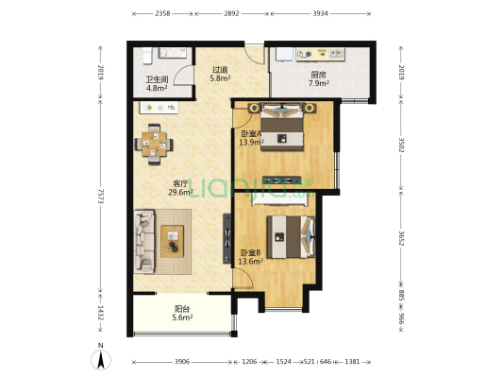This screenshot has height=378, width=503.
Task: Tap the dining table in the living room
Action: coord(155,144)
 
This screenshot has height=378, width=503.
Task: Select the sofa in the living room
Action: coord(143,242)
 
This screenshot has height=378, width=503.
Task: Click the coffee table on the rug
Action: coord(173,241)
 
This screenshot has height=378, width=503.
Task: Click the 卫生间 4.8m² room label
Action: coord(157,83)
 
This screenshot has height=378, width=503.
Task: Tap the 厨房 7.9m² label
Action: coord(319,79)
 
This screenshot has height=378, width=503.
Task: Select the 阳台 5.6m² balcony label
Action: coord(182,313)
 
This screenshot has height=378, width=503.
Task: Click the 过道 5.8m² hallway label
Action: coord(220,74)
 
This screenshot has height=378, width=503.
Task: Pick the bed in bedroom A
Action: coord(282,127)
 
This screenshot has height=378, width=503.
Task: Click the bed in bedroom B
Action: coord(291,237)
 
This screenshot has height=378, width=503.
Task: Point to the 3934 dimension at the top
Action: coord(320,13)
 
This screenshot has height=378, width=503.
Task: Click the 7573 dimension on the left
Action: coord(101,196)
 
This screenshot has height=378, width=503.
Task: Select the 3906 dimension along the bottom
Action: coord(182,362)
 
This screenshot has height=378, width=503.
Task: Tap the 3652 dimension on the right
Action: coord(401,238)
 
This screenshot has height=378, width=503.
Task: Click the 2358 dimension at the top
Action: coord(162,13)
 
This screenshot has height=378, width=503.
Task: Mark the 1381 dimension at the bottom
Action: coord(352,362)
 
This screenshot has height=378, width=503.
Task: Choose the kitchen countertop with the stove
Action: coord(321,54)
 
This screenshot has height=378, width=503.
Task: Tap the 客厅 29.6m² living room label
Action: coord(180,188)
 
